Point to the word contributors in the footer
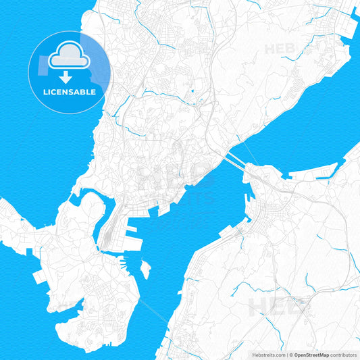click(x=343, y=353)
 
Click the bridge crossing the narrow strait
click(x=233, y=161)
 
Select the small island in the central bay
click(x=145, y=269)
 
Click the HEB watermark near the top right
click(x=280, y=49)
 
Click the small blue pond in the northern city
click(x=192, y=91)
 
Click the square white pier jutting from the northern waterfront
click(x=164, y=211)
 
